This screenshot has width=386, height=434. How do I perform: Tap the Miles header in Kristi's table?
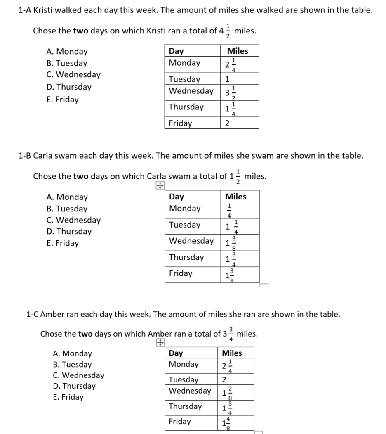pos(238,51)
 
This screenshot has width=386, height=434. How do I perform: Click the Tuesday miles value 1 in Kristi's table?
pos(227,79)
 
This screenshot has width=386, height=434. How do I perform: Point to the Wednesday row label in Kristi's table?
pos(191,91)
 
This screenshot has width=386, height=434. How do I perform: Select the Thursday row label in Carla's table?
pos(186,257)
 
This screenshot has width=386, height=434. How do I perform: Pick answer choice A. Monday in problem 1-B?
pos(67,197)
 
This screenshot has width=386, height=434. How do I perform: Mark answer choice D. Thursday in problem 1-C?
pos(74,386)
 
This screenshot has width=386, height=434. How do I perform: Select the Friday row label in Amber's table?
pos(180,422)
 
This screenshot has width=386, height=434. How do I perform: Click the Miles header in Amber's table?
pos(232,353)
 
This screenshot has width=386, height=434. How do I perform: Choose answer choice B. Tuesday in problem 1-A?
pos(67,63)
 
